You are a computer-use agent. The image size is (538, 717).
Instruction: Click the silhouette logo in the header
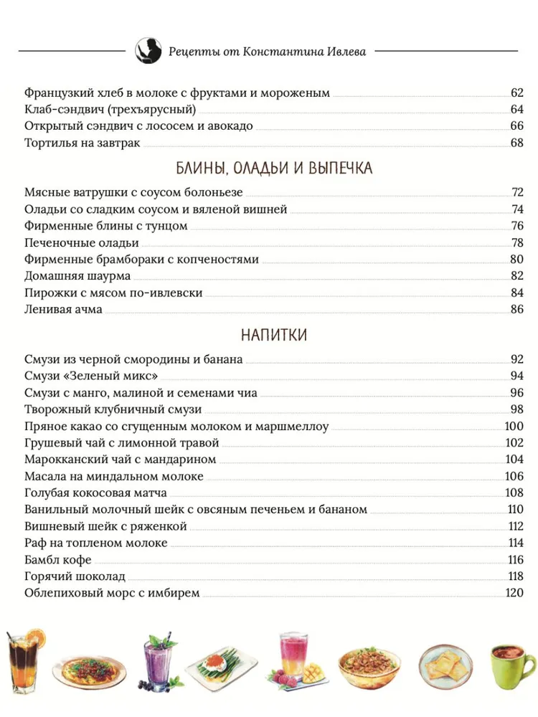148,51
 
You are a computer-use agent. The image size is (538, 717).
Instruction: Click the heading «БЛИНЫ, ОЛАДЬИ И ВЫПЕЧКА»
273,168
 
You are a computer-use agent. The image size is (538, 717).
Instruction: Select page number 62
518,93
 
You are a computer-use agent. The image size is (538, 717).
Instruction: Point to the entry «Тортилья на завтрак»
82,143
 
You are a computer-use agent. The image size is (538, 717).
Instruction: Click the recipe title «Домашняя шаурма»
77,276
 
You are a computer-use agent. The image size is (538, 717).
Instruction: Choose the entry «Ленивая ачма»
63,309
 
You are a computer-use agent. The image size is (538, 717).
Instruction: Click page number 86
518,309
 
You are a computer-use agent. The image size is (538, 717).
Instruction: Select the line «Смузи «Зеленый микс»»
91,376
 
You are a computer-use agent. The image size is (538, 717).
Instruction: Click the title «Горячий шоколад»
75,576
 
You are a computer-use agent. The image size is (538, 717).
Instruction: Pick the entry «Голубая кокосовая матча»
95,493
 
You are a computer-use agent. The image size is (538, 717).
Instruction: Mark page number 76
518,226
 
